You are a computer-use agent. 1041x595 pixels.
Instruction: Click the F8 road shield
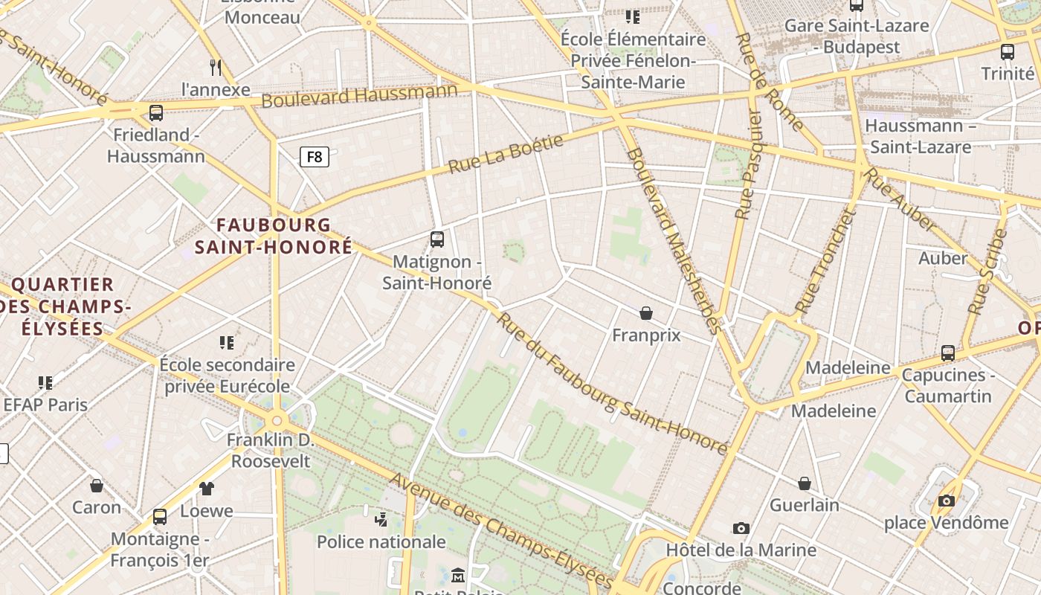(315, 157)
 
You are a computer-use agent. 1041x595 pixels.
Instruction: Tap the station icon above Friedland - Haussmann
(156, 113)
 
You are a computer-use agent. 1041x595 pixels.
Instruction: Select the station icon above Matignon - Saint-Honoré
(437, 239)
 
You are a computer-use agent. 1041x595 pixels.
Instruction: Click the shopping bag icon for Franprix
(646, 313)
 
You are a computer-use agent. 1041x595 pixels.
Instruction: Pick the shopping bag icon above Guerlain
(805, 483)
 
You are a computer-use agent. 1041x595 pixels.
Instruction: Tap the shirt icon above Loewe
(206, 489)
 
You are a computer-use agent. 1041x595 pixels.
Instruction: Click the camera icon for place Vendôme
(947, 501)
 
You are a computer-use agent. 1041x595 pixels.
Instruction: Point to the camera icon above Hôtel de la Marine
(741, 528)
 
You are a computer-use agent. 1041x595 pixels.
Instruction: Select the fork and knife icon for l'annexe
(216, 68)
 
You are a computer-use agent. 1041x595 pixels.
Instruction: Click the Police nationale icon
(381, 519)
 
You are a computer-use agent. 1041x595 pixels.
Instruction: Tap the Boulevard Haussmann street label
(359, 96)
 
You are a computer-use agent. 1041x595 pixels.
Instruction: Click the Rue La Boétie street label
(506, 153)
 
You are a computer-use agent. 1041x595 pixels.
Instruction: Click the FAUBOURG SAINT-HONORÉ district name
(274, 236)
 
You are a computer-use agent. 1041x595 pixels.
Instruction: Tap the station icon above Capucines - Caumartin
(948, 353)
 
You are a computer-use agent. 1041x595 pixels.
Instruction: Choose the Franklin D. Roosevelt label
(270, 450)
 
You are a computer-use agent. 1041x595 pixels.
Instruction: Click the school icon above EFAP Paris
(45, 383)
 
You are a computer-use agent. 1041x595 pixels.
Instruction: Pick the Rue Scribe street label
(987, 271)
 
